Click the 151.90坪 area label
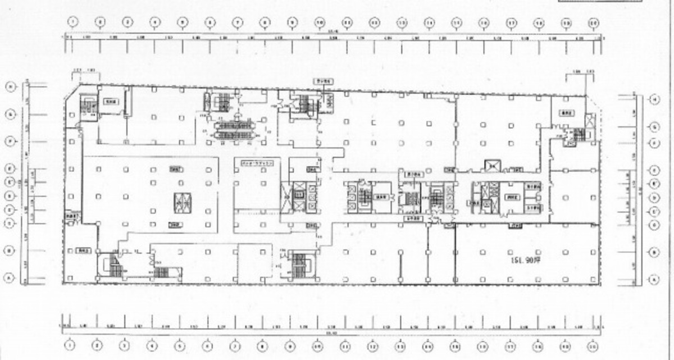pyautogui.click(x=526, y=261)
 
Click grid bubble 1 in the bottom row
pyautogui.click(x=70, y=345)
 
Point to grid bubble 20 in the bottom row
pyautogui.click(x=594, y=345)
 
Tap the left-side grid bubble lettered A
pyautogui.click(x=10, y=276)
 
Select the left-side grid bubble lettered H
pyautogui.click(x=10, y=86)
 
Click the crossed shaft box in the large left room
pyautogui.click(x=181, y=202)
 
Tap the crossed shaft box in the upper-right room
pyautogui.click(x=493, y=165)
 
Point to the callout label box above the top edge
pyautogui.click(x=323, y=81)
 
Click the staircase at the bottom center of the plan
pyautogui.click(x=299, y=265)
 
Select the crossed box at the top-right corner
pyautogui.click(x=589, y=120)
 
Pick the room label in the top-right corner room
pyautogui.click(x=567, y=112)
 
